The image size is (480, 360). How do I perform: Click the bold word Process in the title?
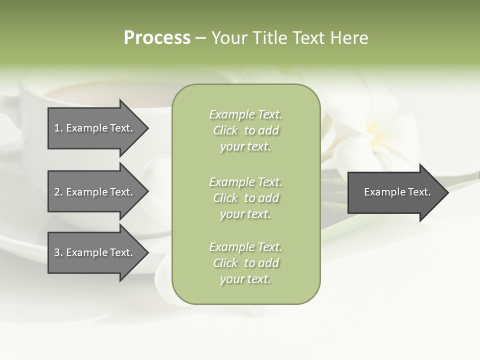coord(157,38)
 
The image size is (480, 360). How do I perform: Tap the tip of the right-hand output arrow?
coord(447,192)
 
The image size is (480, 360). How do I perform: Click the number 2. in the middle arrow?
coord(58,192)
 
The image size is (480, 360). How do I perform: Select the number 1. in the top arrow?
coord(58,128)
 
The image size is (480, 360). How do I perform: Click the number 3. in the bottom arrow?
coord(58,252)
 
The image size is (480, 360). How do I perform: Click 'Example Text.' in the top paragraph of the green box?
coord(245,114)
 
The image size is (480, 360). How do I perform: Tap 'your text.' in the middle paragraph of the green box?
coord(245,214)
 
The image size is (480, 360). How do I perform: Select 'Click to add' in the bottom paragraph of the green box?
coord(245,263)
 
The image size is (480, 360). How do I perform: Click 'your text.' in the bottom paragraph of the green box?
coord(245,279)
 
